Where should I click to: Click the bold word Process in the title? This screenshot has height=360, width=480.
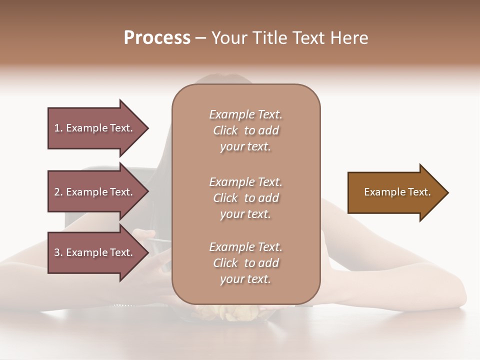point(157,38)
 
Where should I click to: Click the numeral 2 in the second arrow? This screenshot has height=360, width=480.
point(57,192)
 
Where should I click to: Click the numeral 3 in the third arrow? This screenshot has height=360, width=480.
point(57,252)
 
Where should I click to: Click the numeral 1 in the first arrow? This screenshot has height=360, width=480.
point(57,128)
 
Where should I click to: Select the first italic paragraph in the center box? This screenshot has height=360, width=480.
point(245,130)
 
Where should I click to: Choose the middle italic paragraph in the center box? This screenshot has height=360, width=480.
point(245,198)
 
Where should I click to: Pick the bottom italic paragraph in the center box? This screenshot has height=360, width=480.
point(245,263)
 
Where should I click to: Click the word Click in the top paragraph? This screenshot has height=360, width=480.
point(225,131)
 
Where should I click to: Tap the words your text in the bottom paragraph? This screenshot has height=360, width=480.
point(245,279)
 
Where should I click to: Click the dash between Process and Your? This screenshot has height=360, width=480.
point(201,38)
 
